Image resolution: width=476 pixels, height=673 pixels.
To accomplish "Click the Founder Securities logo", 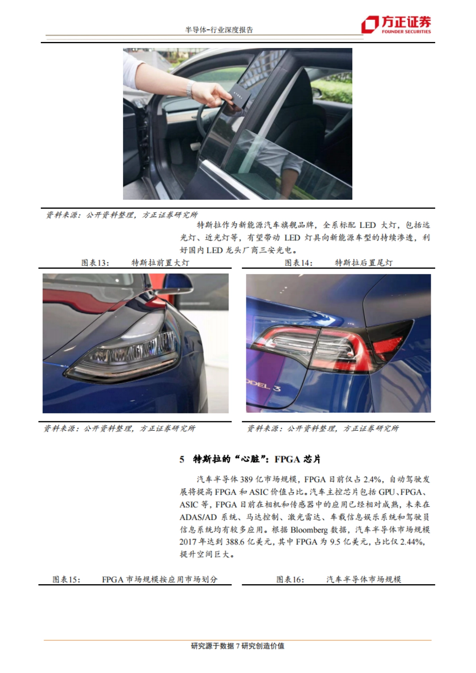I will pyautogui.click(x=395, y=25).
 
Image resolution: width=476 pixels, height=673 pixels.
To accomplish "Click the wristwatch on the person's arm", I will pyautogui.click(x=190, y=89).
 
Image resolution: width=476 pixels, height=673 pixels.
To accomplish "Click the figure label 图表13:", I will pyautogui.click(x=95, y=263).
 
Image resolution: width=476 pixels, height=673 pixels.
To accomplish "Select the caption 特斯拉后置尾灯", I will pyautogui.click(x=363, y=263).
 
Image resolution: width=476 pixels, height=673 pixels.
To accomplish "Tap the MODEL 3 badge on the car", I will pyautogui.click(x=264, y=386).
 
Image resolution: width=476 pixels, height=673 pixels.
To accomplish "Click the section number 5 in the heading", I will pyautogui.click(x=182, y=459).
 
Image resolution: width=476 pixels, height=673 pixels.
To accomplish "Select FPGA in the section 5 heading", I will pyautogui.click(x=287, y=459).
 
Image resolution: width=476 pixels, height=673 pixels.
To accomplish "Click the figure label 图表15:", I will pyautogui.click(x=66, y=579).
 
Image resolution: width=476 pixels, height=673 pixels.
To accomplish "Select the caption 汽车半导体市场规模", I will pyautogui.click(x=363, y=579).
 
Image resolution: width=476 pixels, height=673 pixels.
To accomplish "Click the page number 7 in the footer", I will pyautogui.click(x=238, y=646).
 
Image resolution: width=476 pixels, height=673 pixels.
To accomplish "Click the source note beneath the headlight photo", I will pyautogui.click(x=119, y=428).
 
